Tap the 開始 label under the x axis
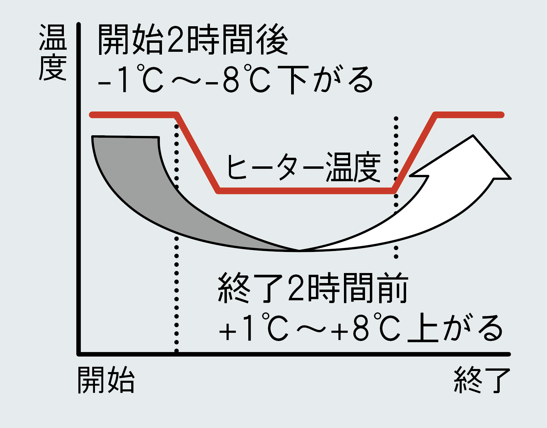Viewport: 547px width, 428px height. coord(106,380)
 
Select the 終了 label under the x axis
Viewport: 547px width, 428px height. coord(482,380)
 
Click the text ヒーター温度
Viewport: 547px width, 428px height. coord(303,167)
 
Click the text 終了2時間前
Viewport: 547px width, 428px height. coord(313,288)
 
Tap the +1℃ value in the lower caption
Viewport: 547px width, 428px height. coord(254,328)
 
